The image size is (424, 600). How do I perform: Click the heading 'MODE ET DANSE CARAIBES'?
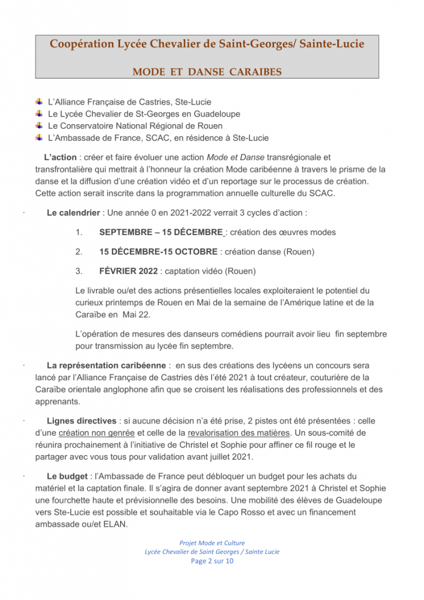pos(207,72)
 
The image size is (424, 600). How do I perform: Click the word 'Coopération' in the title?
pos(80,44)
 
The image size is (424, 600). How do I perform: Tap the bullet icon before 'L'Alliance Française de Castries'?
pos(39,101)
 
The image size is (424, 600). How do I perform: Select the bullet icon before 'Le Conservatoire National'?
pos(39,125)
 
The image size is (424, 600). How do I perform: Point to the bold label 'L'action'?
pos(60,157)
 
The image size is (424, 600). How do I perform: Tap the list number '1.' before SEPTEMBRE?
pos(79,232)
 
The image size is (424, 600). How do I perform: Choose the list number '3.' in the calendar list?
pos(79,271)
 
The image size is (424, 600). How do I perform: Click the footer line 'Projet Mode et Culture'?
pos(212,543)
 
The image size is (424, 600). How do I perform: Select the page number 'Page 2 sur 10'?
pos(212,561)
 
